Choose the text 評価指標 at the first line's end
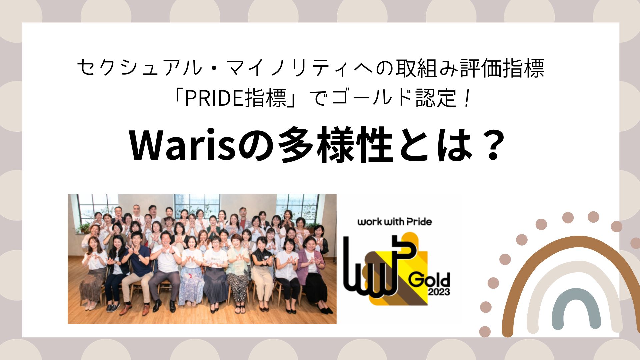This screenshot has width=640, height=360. pos(503,68)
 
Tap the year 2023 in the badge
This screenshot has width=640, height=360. pos(439,292)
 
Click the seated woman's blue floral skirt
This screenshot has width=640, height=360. pos(191,287)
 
